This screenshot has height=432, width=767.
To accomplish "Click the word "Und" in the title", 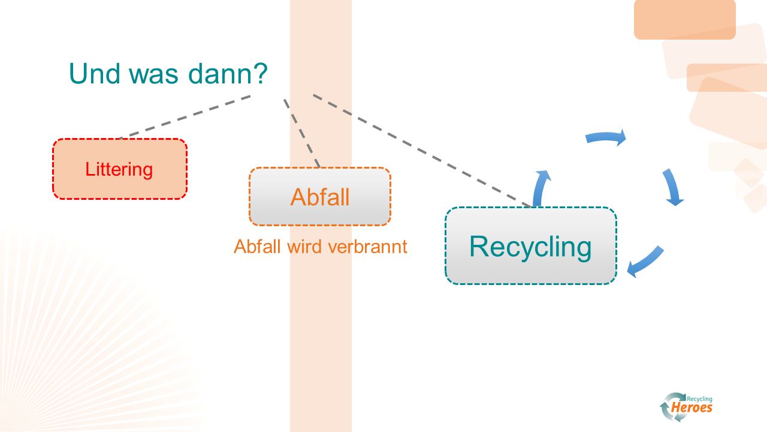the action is (x=95, y=73).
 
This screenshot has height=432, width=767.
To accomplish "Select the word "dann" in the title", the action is (x=219, y=73).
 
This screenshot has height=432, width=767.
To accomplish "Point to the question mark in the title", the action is (x=260, y=73).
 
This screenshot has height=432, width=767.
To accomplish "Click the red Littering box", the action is (x=120, y=169).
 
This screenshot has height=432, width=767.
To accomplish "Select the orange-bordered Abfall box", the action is (x=320, y=196).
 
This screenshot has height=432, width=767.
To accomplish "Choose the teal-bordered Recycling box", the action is (x=531, y=246).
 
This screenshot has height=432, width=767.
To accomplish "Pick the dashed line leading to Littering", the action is (x=185, y=117).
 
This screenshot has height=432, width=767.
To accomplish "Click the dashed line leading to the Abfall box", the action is (x=301, y=133).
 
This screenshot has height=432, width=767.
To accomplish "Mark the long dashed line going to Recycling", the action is (x=422, y=151).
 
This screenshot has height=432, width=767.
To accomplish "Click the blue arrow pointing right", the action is (x=606, y=137).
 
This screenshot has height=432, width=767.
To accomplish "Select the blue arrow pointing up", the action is (x=540, y=188).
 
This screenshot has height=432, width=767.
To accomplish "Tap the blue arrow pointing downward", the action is (x=672, y=187).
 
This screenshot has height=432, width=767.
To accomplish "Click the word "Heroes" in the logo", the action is (x=691, y=407).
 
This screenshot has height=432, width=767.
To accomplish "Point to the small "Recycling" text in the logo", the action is (x=699, y=399).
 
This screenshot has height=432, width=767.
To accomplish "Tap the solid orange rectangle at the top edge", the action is (x=685, y=19).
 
